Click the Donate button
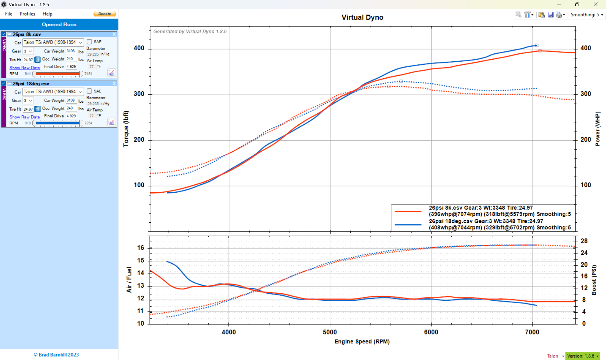click(105, 14)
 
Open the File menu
click(9, 14)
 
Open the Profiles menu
click(27, 14)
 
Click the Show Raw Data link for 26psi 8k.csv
click(25, 68)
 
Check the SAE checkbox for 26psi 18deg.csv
click(89, 91)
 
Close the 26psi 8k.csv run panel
click(114, 34)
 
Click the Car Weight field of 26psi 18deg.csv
click(71, 100)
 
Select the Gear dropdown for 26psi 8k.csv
click(28, 51)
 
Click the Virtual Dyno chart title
click(362, 17)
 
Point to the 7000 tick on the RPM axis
click(532, 332)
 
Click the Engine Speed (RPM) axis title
click(362, 341)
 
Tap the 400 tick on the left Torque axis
click(139, 48)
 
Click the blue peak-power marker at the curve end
click(537, 45)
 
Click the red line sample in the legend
click(408, 211)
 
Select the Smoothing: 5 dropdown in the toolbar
click(587, 15)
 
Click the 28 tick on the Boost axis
click(584, 241)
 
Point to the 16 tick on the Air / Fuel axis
click(140, 248)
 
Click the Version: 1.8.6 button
click(583, 356)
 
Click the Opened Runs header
click(59, 24)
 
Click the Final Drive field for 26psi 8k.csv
click(71, 67)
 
